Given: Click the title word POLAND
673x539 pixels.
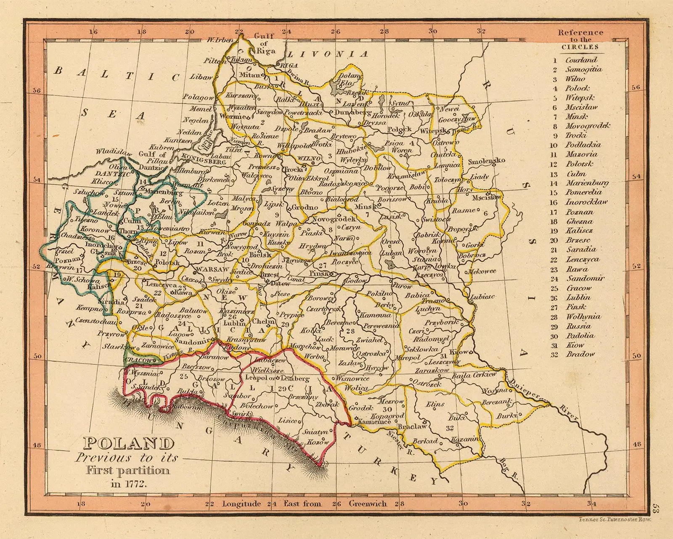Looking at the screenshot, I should pos(129,444).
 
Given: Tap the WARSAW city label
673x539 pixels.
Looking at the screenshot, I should pos(212,269).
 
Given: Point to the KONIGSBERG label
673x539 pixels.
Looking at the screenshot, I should pos(204,160).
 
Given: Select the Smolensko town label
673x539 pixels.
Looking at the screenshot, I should pos(486,161).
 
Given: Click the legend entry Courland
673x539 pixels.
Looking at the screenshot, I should pos(581,60).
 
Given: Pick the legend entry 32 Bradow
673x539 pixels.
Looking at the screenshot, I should pos(580,354).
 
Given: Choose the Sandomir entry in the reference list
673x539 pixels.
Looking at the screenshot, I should pos(585,278).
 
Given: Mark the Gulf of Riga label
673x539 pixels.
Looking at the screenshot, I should pos(264,44).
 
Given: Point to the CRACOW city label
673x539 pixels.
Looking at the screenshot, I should pos(140,360).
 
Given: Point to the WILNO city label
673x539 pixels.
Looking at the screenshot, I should pos(309,158).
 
